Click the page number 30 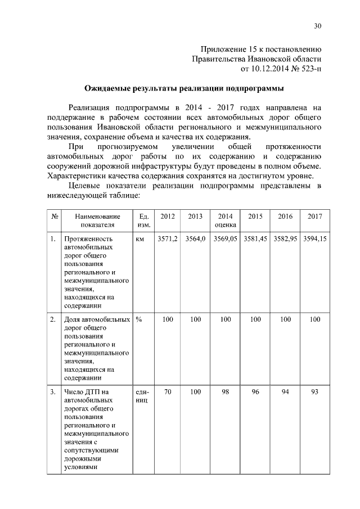coord(318,26)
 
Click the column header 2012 coord(167,217)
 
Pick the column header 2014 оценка coord(225,220)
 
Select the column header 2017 coord(314,217)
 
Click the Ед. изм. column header coord(143,220)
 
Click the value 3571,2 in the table coord(167,239)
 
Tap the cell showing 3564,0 coord(195,239)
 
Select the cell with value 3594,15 coord(314,239)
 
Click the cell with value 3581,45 coord(255,239)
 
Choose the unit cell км coord(140,239)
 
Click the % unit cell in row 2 coord(138,319)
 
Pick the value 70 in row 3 coord(167,392)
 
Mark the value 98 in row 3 coord(225,392)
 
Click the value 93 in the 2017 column coord(314,392)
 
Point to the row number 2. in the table coord(53,319)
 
